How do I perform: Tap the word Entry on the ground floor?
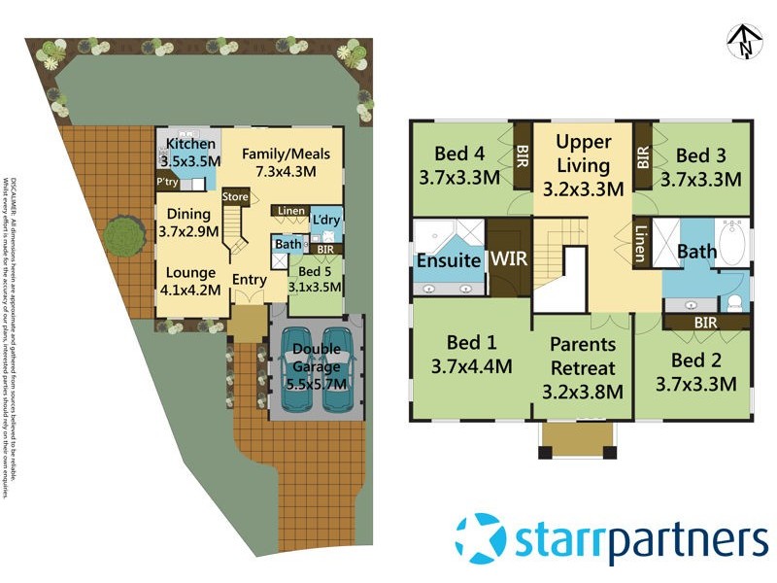pos(250,280)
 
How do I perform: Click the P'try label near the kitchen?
pos(165,182)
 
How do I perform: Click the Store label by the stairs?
pos(235,196)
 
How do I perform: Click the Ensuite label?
pos(449,260)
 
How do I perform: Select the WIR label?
pos(507,260)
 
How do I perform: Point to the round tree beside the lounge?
pos(124,234)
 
